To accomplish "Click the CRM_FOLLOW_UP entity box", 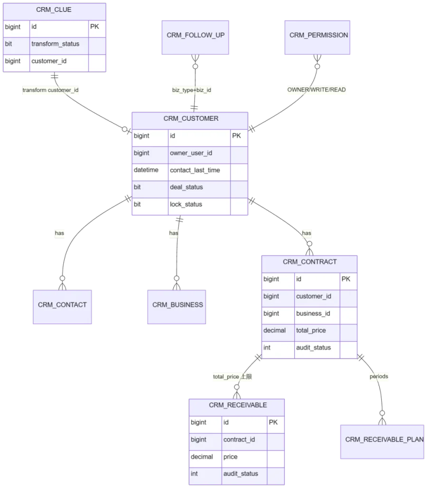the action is click(x=195, y=37).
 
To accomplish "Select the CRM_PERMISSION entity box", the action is click(x=317, y=37).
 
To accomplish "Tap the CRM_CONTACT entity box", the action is click(x=62, y=307).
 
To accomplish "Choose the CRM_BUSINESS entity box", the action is click(x=176, y=307).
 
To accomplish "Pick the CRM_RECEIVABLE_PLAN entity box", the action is click(x=382, y=442).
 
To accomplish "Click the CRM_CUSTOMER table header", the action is click(x=190, y=121).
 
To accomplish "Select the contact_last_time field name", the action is click(x=195, y=170).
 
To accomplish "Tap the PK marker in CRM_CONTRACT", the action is click(x=346, y=279).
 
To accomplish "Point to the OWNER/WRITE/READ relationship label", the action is click(x=316, y=90).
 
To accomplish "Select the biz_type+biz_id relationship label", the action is click(x=191, y=90).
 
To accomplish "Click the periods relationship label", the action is click(x=379, y=376).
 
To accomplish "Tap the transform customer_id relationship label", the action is click(x=50, y=90).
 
